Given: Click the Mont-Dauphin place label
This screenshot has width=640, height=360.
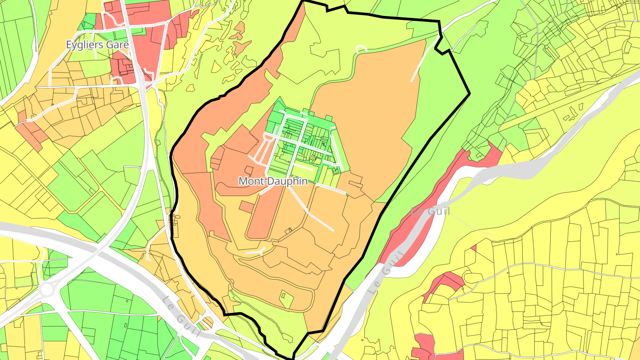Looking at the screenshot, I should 273,181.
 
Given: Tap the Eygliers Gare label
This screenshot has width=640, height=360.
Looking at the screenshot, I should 97,45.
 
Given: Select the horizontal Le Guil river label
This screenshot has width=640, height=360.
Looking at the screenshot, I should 430,211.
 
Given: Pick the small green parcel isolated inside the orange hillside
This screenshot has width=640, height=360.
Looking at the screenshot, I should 287,299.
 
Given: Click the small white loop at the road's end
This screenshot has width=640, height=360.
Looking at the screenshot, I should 362,48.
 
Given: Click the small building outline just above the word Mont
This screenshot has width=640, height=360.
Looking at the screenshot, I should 248,170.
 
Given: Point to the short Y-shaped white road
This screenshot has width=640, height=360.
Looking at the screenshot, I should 255,252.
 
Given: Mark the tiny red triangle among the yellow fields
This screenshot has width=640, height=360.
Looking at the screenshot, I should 474,248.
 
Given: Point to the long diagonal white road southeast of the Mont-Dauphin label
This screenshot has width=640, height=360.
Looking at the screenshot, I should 311,209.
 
